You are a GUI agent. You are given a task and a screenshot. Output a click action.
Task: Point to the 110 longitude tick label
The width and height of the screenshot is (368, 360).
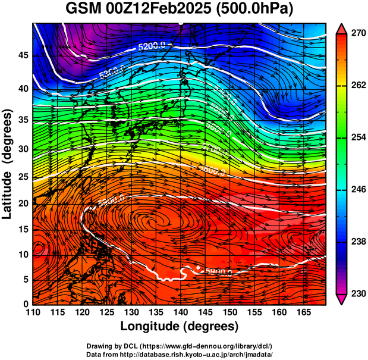click(x=33, y=312)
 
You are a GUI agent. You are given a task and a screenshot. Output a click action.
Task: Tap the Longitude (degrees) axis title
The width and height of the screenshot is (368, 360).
click(x=180, y=326)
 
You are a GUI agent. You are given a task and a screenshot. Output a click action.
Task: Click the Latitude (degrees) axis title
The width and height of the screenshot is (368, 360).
click(x=8, y=164)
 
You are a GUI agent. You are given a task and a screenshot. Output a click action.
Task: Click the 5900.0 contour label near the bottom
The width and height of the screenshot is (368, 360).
click(x=218, y=271)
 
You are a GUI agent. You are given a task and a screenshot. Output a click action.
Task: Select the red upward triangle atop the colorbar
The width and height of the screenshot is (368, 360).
click(x=341, y=28)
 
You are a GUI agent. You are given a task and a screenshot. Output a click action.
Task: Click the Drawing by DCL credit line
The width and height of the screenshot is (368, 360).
click(x=180, y=346)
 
